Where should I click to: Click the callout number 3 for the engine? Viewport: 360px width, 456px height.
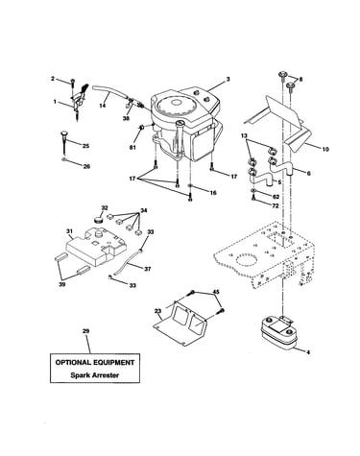point(228,79)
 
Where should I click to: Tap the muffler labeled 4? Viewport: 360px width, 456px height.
point(277,333)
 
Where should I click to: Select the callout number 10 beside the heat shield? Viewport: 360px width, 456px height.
point(325,149)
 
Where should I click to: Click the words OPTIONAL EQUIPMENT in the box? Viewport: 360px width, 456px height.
point(95,363)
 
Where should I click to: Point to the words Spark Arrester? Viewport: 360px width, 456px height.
point(95,375)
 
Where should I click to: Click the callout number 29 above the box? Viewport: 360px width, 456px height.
point(85,331)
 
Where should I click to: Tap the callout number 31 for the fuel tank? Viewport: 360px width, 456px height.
point(69,231)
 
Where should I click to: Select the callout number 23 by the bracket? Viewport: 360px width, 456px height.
point(157,311)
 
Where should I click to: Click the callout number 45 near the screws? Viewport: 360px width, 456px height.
point(216,292)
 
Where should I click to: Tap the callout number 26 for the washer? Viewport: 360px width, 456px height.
point(86,167)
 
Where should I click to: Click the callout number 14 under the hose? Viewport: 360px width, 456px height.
point(103,106)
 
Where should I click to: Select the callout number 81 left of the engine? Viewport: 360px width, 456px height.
point(132,148)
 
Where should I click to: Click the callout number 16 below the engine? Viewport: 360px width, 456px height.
point(213,193)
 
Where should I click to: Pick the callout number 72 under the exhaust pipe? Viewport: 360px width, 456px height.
point(276,206)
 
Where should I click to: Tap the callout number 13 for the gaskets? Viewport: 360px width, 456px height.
point(244,136)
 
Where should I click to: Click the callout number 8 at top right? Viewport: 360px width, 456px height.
point(300,80)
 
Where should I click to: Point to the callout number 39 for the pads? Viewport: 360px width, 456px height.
point(62,284)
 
